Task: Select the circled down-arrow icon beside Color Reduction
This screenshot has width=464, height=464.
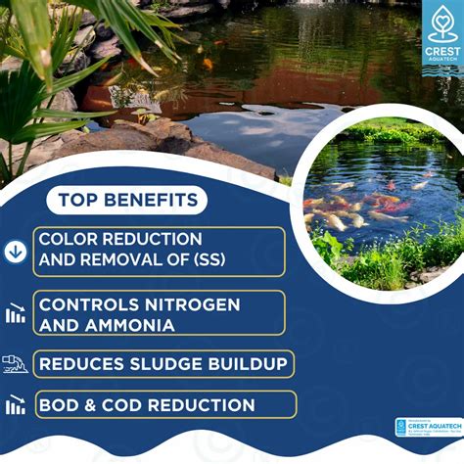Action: [x=15, y=252]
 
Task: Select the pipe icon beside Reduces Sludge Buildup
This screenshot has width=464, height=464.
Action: [x=15, y=364]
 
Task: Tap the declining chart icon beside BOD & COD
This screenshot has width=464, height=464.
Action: [x=15, y=404]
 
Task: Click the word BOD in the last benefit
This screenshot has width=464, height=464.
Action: [x=60, y=404]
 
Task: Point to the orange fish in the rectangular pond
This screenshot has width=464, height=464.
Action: [x=209, y=64]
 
